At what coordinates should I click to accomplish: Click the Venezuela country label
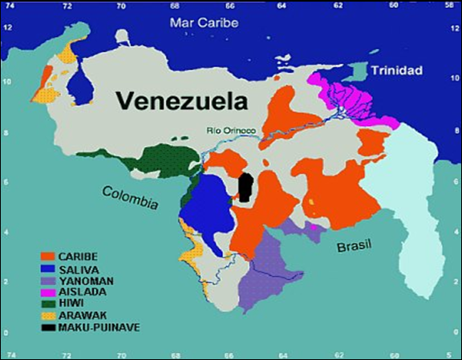(182, 101)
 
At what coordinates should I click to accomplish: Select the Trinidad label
(396, 71)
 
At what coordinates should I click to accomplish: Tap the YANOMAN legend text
(92, 281)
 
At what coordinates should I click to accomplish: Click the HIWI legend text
(80, 305)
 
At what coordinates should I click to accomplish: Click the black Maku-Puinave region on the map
(245, 188)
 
